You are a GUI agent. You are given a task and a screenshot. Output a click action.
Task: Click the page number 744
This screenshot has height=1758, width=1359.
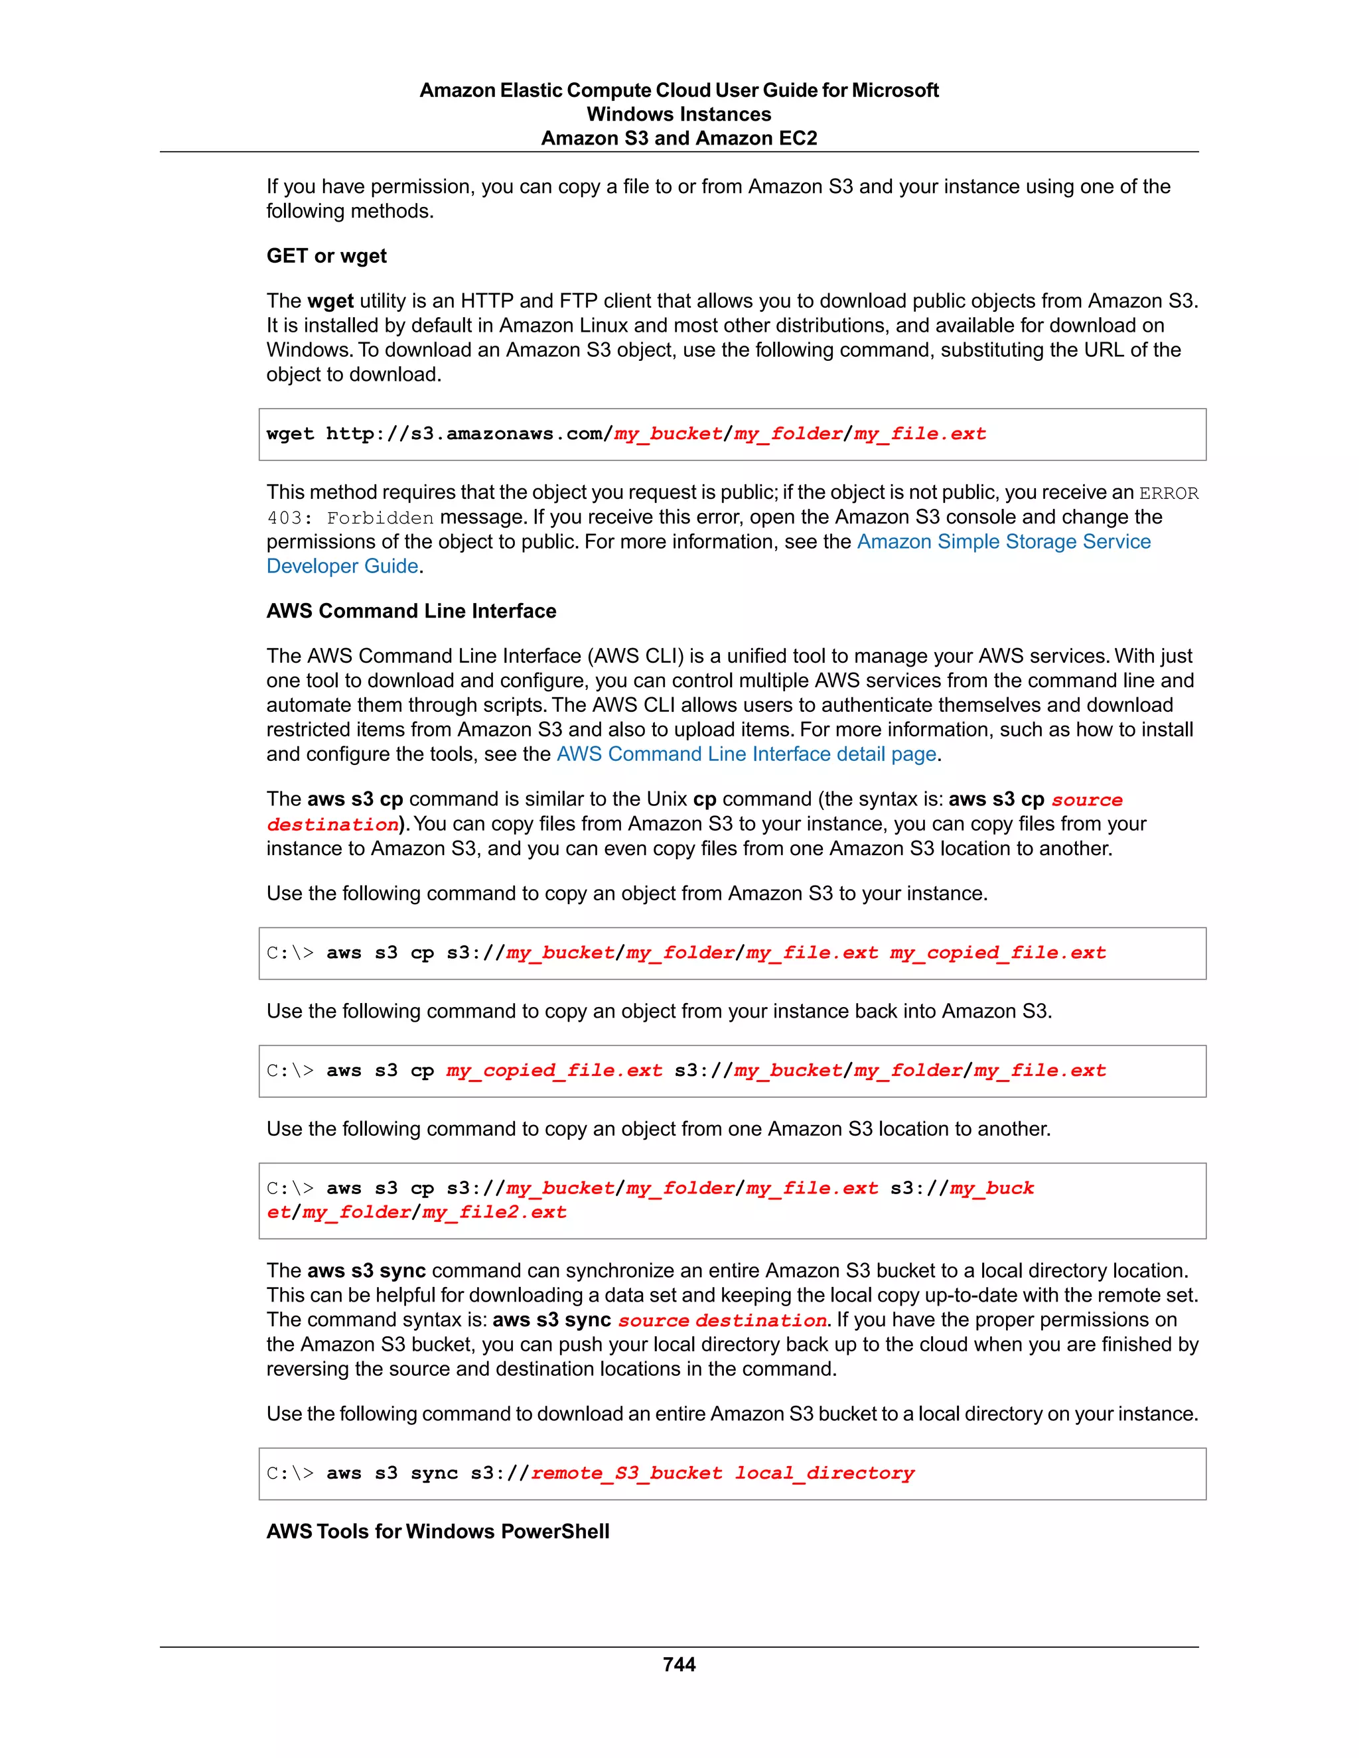(x=679, y=1664)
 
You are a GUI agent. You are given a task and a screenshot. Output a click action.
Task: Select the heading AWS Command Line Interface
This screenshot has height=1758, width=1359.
(x=411, y=611)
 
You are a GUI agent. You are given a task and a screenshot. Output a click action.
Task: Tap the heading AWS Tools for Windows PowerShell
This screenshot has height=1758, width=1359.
(x=437, y=1531)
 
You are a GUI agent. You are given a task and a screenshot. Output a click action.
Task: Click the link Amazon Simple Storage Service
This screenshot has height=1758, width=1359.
(x=1003, y=542)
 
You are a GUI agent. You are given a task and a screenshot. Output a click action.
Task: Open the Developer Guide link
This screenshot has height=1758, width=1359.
(x=342, y=566)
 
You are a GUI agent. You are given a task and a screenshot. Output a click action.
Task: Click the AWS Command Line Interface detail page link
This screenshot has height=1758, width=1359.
(x=747, y=754)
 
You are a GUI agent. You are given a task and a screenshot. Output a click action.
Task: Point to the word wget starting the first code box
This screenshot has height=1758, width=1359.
(x=290, y=434)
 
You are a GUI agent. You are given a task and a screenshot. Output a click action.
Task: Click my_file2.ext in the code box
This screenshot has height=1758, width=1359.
(x=494, y=1212)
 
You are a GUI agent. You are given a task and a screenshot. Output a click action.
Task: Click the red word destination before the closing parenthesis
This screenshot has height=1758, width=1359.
(x=332, y=824)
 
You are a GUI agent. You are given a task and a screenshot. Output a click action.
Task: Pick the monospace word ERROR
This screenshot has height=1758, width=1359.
(x=1168, y=493)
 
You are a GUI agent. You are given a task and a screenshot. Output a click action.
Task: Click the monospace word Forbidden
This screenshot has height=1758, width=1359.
(x=380, y=517)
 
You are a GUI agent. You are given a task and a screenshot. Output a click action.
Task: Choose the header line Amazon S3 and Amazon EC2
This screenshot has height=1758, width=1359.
(x=679, y=139)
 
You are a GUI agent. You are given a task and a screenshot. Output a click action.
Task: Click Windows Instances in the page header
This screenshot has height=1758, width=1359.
(x=679, y=114)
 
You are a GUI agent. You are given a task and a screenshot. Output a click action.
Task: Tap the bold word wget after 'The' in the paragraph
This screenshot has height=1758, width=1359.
(x=330, y=301)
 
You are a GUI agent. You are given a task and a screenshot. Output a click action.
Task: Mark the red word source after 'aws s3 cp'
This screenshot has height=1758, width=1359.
(x=1086, y=799)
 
